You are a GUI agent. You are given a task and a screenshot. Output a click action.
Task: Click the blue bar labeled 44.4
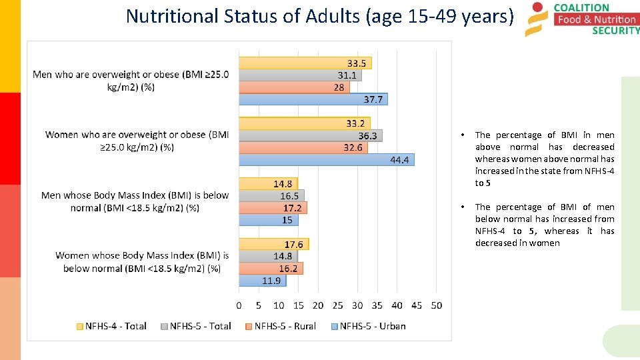coord(327,160)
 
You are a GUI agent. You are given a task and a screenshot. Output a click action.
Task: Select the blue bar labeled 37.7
coord(313,99)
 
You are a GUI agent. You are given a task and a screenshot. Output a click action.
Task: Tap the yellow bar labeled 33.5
coord(305,63)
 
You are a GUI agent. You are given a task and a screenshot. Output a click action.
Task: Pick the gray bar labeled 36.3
coord(311,136)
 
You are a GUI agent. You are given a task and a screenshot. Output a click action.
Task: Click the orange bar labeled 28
coord(294,87)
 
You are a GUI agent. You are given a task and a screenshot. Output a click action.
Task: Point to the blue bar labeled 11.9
coord(263,281)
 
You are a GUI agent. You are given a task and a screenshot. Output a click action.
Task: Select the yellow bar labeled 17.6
coord(274,245)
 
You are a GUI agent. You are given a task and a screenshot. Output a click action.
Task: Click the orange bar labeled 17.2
coord(273,208)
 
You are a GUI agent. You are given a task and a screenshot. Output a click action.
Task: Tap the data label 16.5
coord(289,196)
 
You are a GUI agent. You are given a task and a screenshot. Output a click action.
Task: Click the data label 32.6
coord(353,148)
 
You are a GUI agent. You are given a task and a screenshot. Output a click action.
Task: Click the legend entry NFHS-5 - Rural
coord(279,326)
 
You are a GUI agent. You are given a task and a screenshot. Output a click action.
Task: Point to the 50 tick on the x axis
coord(436,305)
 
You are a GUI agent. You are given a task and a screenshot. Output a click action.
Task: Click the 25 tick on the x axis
coord(338,305)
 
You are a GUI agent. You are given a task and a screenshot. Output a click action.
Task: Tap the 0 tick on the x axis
coord(239,305)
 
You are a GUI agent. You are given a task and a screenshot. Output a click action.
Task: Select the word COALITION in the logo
coord(581,7)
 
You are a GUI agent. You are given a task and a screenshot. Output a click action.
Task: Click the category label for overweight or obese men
coord(131,81)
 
